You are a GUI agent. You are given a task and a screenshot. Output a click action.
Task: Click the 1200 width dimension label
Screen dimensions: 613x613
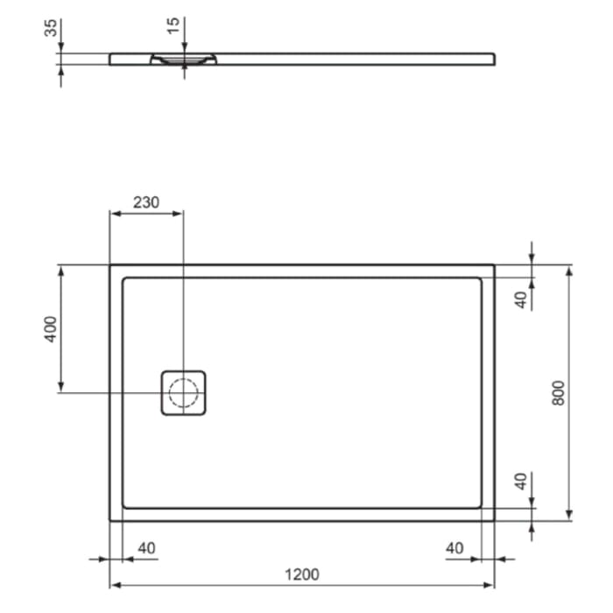tap(301, 574)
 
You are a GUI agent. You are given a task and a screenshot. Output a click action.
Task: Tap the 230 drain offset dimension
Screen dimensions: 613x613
tap(146, 201)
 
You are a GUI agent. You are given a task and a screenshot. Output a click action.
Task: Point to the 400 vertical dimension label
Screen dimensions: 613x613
tap(51, 329)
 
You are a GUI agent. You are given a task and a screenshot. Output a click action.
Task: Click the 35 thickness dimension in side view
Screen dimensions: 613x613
tap(50, 28)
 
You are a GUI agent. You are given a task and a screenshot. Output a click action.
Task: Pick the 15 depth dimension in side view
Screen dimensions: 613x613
tap(175, 25)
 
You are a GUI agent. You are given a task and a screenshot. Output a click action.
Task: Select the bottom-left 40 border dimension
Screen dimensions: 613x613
tap(146, 548)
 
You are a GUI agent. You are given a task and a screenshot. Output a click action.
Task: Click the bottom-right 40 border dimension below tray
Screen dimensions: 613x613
tap(454, 548)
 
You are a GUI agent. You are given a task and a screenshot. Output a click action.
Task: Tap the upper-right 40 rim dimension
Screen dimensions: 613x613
tap(520, 299)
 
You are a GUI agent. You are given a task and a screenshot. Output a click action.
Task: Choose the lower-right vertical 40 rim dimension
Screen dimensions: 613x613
tap(520, 481)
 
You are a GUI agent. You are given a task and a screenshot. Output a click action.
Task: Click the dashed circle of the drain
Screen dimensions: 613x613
tap(183, 392)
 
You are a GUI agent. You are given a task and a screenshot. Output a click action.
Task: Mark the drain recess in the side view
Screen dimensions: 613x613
tap(183, 60)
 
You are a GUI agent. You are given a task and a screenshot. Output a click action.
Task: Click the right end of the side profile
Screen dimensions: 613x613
tap(493, 59)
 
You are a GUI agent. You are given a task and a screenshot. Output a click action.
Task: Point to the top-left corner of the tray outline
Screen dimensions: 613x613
tap(109, 264)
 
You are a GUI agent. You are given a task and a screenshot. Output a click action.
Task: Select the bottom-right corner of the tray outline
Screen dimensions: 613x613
tap(495, 520)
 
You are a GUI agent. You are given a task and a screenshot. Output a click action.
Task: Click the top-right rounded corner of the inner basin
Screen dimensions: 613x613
tap(479, 280)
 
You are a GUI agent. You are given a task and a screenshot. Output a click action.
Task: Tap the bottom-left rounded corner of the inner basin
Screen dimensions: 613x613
tap(125, 504)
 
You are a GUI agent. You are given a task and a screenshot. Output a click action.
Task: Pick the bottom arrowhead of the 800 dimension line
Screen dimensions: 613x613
tap(569, 516)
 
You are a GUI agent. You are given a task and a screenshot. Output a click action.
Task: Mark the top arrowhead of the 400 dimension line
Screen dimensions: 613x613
tap(60, 269)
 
